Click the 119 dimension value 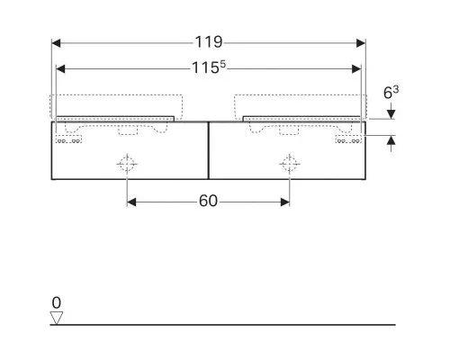pos(209,42)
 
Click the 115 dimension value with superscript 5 pos(209,67)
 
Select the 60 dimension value pos(208,201)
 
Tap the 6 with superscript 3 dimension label pos(391,93)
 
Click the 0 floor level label pos(57,302)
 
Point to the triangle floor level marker pos(57,318)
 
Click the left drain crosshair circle pos(127,164)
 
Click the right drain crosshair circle pos(290,164)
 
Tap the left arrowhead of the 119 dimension pos(56,43)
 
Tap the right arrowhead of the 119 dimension pos(361,43)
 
